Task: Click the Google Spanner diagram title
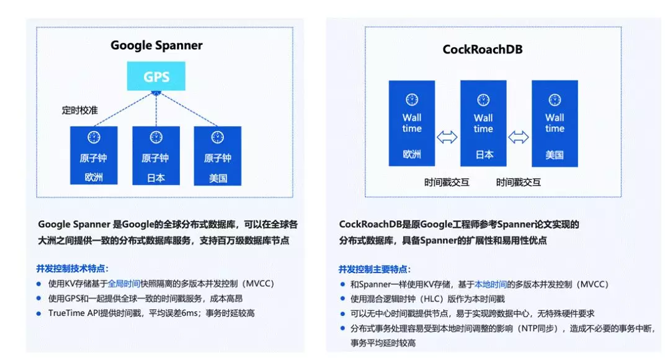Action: click(156, 45)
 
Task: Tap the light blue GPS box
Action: click(156, 77)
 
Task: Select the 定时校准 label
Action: click(79, 110)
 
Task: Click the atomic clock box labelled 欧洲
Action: click(94, 155)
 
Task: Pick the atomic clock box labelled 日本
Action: click(156, 155)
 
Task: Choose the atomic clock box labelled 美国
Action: click(217, 155)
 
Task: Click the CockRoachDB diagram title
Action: click(482, 49)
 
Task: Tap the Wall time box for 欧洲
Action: click(412, 123)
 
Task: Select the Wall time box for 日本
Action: click(483, 123)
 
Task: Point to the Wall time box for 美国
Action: click(555, 123)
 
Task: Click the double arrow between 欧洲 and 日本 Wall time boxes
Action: click(447, 138)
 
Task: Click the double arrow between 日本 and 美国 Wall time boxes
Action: click(519, 138)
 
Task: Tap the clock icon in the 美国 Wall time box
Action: click(555, 99)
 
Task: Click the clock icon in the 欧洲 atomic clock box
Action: click(94, 137)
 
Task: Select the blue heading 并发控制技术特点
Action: click(73, 269)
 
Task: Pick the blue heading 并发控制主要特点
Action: click(374, 269)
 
